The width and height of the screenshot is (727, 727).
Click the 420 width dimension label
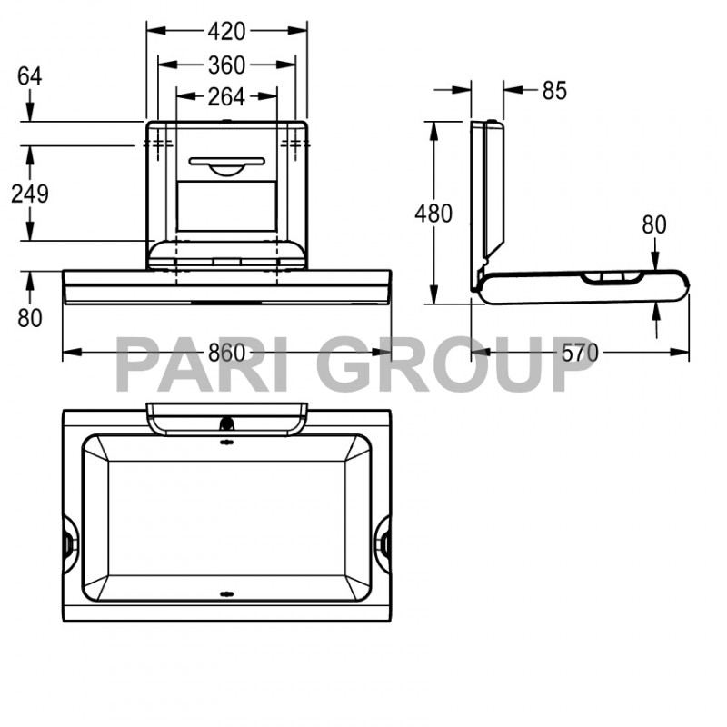click(226, 31)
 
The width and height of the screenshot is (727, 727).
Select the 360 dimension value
click(226, 65)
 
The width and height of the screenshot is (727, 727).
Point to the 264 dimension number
click(226, 95)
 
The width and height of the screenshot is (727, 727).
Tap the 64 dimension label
click(30, 75)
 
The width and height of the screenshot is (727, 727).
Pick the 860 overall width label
click(227, 353)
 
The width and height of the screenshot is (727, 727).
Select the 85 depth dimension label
click(553, 90)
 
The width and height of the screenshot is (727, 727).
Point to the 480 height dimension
click(433, 214)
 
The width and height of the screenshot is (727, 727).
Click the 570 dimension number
click(580, 353)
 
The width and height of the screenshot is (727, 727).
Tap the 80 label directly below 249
click(30, 318)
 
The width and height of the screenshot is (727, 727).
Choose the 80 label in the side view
click(654, 224)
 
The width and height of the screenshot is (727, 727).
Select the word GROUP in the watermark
click(460, 363)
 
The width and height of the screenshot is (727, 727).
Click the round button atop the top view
click(226, 423)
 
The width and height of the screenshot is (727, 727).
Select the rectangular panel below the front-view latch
click(226, 205)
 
